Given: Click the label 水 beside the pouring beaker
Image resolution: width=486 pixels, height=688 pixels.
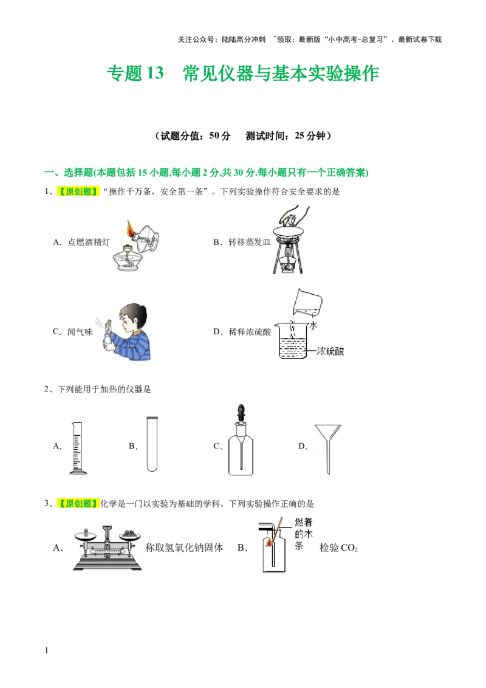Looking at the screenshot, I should [x=313, y=326].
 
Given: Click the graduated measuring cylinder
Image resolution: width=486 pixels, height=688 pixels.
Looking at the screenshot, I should [x=77, y=447].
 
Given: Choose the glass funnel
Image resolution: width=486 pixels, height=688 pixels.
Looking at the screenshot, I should [x=328, y=444].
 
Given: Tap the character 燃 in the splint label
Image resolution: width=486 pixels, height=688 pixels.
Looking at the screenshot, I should [x=299, y=521].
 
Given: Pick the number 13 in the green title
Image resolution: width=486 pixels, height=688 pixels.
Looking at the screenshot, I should [x=156, y=74].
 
